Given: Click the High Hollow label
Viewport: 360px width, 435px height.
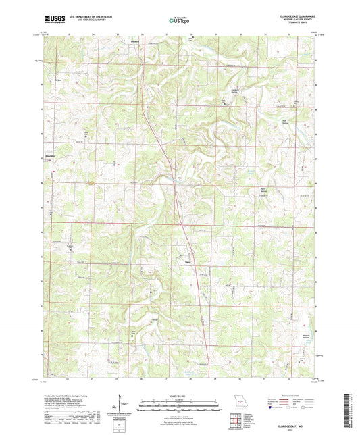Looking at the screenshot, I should coord(285,122).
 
